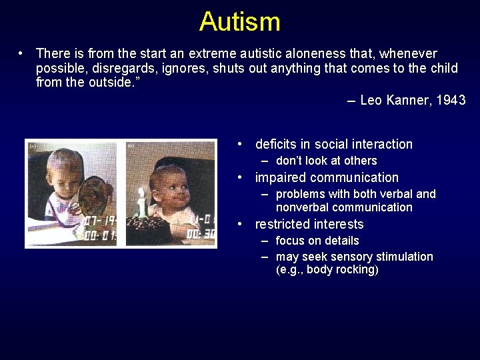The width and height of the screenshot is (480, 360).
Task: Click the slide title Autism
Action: point(239,21)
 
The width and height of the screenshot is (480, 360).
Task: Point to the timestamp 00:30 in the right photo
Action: point(201,234)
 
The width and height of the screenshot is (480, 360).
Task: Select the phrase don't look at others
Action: point(326,161)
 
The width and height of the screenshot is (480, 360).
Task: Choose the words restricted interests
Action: point(309,224)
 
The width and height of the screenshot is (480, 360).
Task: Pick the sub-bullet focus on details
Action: point(317,241)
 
